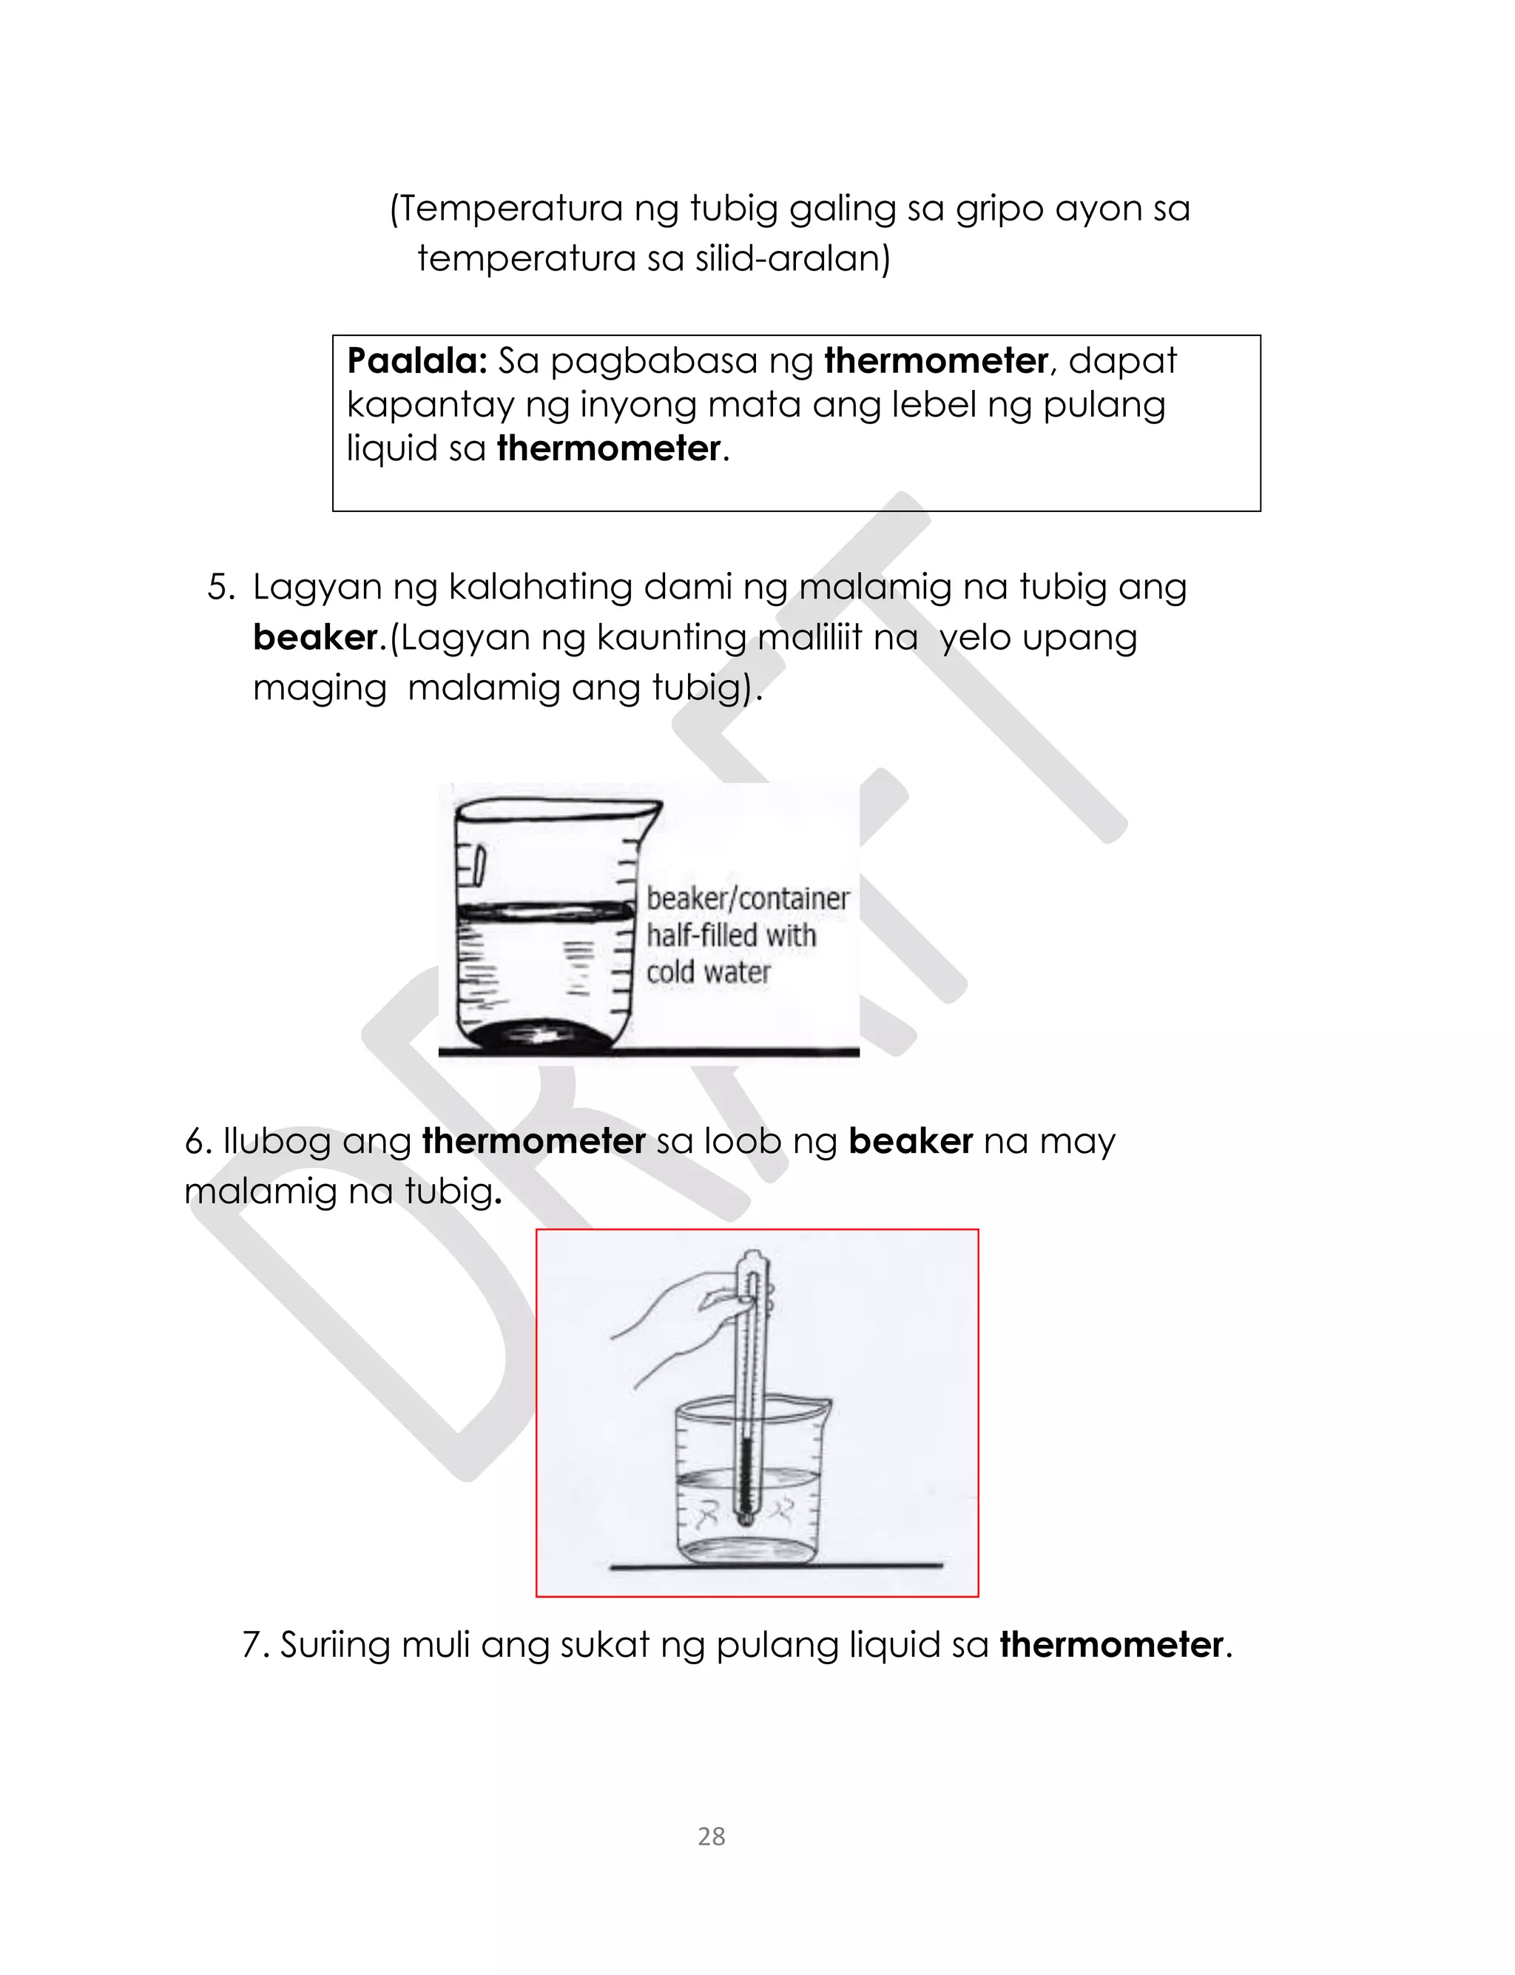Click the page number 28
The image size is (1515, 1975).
click(x=711, y=1835)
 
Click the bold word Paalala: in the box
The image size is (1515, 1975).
click(x=416, y=360)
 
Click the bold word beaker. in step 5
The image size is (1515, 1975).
click(x=320, y=638)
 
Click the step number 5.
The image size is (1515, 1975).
click(x=220, y=587)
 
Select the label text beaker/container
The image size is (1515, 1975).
click(x=748, y=898)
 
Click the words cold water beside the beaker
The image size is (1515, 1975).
click(x=708, y=972)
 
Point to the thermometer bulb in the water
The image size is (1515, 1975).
click(x=746, y=1520)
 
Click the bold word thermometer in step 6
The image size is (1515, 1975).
click(x=534, y=1142)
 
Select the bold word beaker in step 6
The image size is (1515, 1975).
click(x=911, y=1142)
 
